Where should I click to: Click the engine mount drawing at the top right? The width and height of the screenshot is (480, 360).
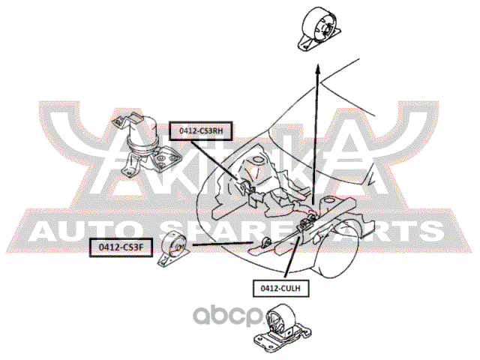(318, 32)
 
